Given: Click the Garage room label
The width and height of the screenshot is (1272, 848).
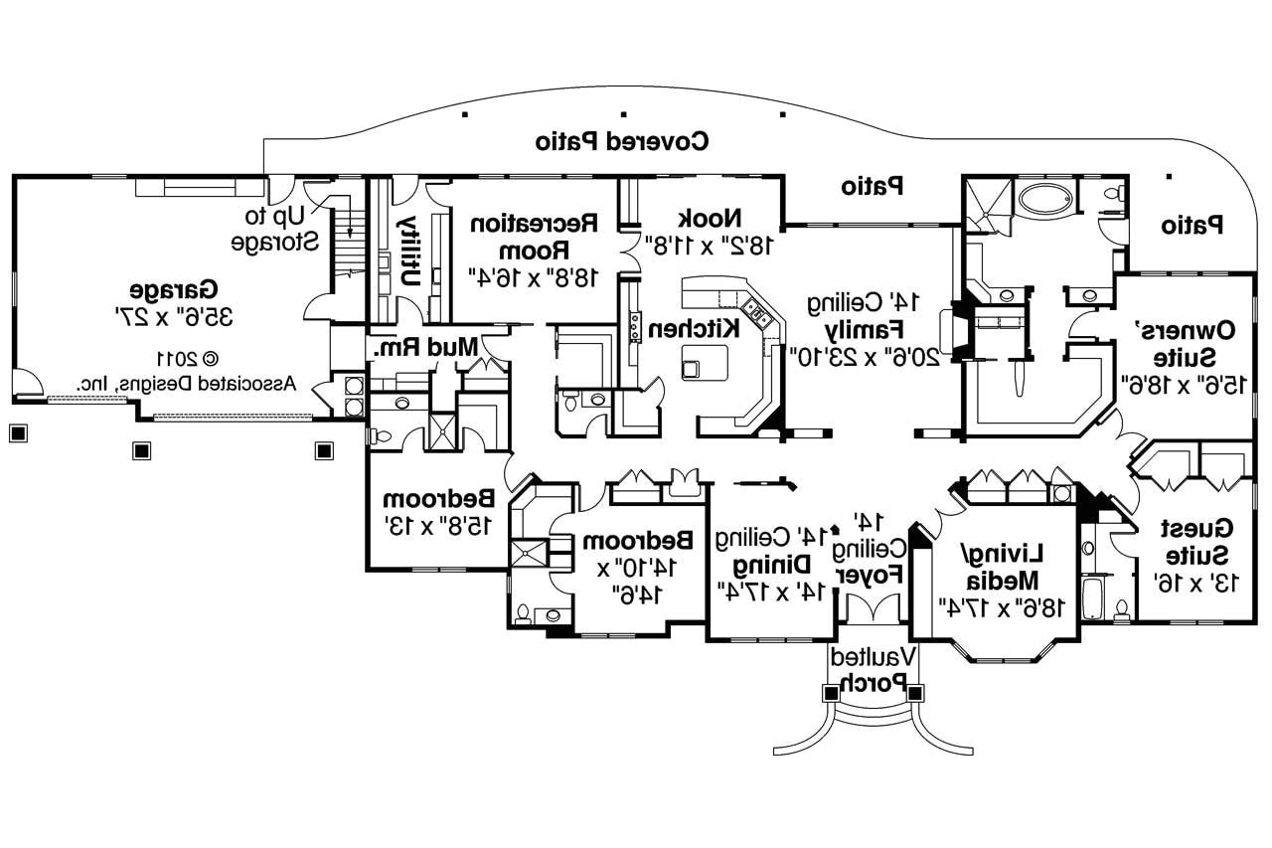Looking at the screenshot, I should coord(174,290).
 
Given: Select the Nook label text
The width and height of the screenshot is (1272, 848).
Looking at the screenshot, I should coord(710,217).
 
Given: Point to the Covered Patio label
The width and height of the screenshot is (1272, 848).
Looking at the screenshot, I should coord(622,140).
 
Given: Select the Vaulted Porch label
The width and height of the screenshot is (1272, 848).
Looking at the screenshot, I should coord(874,669).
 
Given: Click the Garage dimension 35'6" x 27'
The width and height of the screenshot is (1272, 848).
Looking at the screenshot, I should coord(174,317).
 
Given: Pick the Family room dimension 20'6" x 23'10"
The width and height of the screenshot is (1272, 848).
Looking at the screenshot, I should coord(864,354).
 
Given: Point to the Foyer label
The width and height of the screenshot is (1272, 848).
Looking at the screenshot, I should coord(871,574).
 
